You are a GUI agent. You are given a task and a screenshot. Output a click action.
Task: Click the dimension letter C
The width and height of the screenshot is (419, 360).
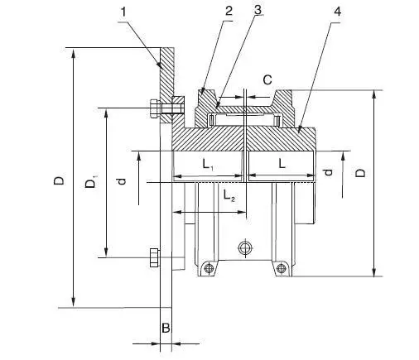pyautogui.click(x=267, y=79)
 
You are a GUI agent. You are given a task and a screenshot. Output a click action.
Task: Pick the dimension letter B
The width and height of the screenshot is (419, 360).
pyautogui.click(x=166, y=329)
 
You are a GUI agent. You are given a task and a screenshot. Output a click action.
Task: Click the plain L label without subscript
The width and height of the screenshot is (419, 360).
pyautogui.click(x=282, y=165)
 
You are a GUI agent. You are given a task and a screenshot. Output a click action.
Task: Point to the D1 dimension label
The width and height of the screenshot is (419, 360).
pyautogui.click(x=91, y=183)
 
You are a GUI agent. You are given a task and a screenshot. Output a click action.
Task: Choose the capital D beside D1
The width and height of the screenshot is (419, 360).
pyautogui.click(x=59, y=179)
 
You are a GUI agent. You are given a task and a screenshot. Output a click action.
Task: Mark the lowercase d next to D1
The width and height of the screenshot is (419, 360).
pyautogui.click(x=122, y=177)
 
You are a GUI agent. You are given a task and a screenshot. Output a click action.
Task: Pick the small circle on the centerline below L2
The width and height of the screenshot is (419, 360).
pyautogui.click(x=243, y=248)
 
